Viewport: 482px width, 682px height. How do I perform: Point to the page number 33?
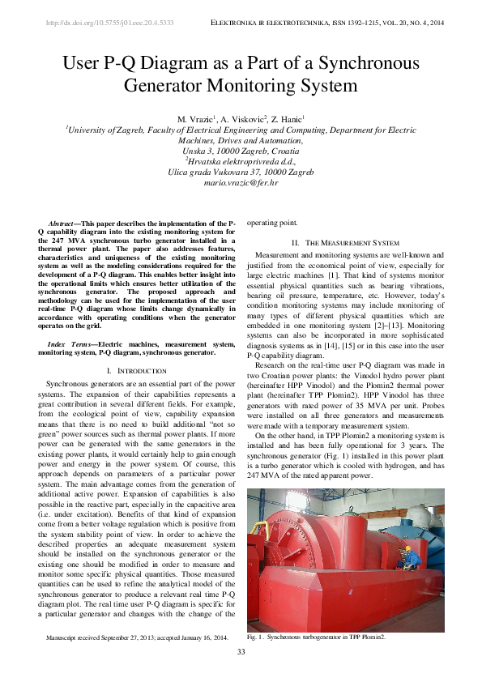[241, 652]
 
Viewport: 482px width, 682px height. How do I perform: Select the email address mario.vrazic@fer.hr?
[241, 184]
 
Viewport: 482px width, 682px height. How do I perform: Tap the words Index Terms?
[71, 344]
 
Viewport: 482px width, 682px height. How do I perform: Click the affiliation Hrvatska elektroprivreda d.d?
[241, 161]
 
